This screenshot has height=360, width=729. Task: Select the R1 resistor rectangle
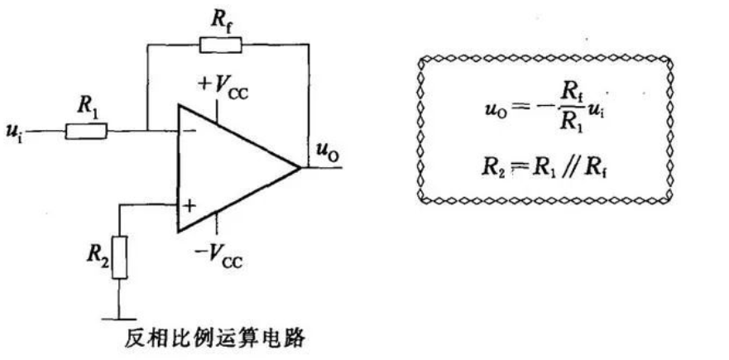point(86,130)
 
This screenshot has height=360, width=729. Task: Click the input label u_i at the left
point(16,132)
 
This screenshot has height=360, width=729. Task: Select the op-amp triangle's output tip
point(299,168)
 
